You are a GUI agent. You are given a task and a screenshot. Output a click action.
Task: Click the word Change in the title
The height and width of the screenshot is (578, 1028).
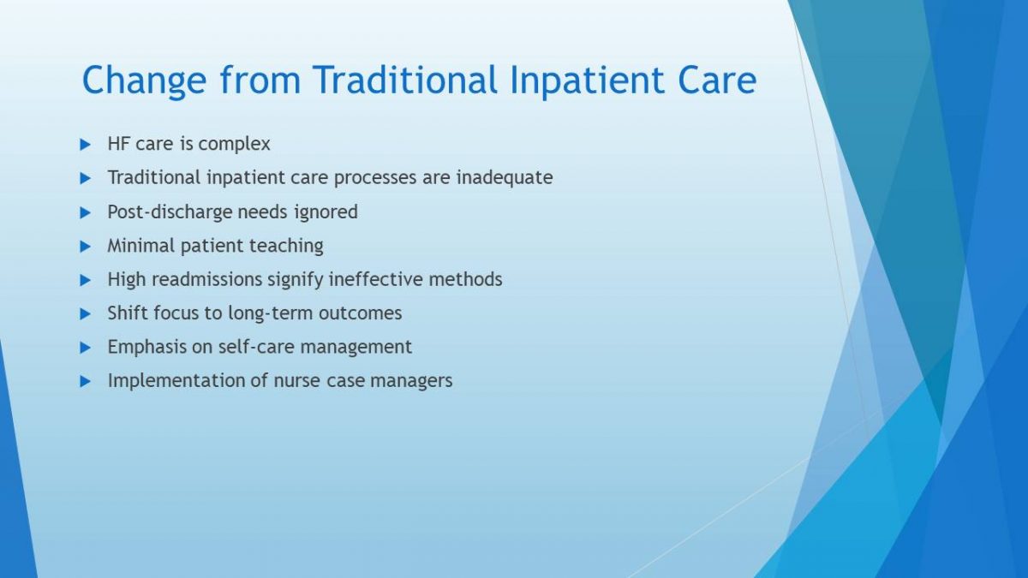[x=144, y=81]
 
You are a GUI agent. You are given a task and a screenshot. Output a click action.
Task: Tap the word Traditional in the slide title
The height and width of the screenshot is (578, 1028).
[x=405, y=80]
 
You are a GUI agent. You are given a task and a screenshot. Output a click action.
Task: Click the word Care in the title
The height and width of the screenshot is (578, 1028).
[x=717, y=80]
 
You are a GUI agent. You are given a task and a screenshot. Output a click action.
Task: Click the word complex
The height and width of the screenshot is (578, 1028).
[x=234, y=145]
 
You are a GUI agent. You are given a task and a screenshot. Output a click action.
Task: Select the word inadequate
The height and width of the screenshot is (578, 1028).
[x=505, y=178]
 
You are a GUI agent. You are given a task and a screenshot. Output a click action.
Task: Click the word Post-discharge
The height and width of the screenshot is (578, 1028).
[x=170, y=212]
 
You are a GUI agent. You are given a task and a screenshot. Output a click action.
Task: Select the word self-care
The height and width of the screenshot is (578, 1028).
[x=256, y=347]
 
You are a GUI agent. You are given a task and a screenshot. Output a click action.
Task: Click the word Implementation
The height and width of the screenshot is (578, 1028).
[x=176, y=381]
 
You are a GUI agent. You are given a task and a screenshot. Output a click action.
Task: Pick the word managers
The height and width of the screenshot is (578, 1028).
[x=411, y=381]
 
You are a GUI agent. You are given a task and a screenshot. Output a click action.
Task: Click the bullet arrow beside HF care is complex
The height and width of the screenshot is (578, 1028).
[x=86, y=145]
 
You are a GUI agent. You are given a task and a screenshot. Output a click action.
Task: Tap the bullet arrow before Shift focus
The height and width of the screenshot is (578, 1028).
[x=86, y=314]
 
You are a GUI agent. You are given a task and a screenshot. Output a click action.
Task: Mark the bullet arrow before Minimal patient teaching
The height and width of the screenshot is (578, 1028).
[x=86, y=247]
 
